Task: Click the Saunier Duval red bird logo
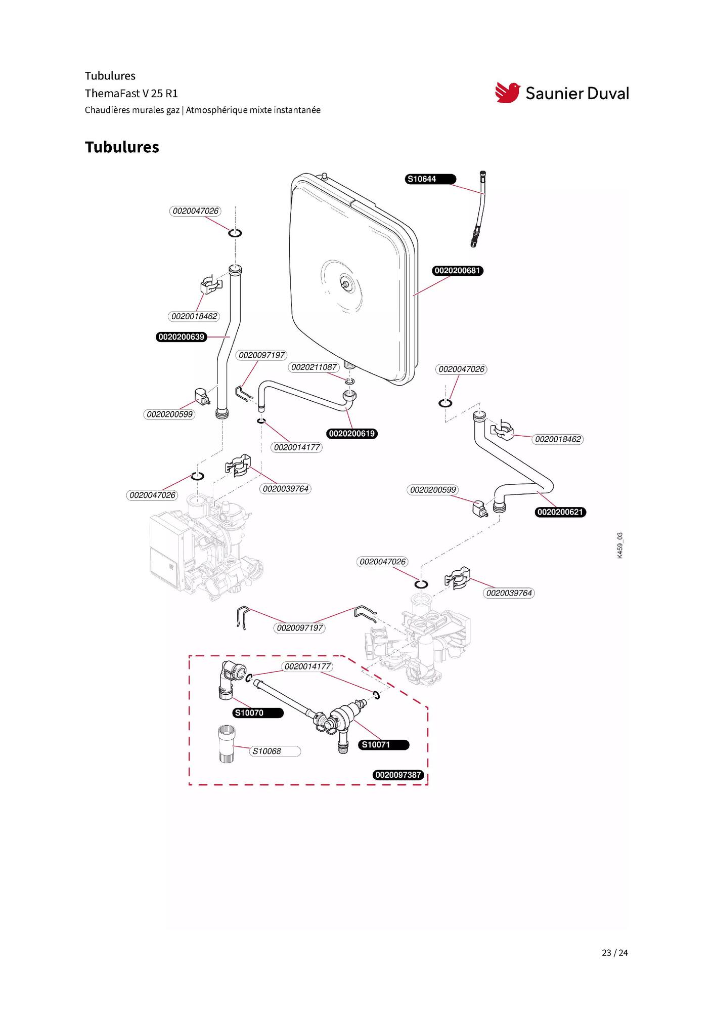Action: [x=507, y=93]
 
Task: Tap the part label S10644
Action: [x=430, y=179]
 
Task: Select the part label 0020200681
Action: [x=457, y=271]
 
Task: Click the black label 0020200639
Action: [x=182, y=337]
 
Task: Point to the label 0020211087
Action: [x=314, y=367]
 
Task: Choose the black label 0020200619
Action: [x=352, y=434]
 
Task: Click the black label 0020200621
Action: [x=560, y=512]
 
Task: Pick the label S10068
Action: [x=275, y=751]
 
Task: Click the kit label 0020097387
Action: [x=398, y=775]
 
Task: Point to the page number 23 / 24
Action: [x=614, y=953]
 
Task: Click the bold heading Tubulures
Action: [x=122, y=147]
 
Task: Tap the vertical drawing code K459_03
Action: [x=620, y=545]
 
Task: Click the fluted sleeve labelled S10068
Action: [x=227, y=744]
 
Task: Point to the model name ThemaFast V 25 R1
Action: [x=131, y=94]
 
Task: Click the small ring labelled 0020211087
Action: [x=349, y=381]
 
